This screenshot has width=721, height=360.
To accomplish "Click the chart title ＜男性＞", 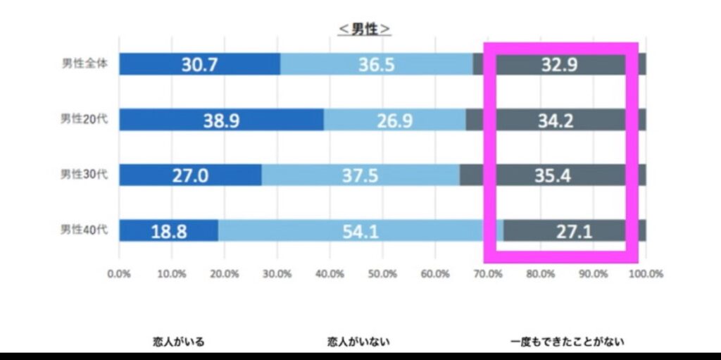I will [364, 29].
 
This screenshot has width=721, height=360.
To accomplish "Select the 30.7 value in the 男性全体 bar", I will [199, 65].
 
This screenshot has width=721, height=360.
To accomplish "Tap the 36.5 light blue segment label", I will [377, 65].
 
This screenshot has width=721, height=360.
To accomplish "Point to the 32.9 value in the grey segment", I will [560, 65].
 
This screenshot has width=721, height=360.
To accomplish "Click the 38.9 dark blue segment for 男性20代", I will [221, 120].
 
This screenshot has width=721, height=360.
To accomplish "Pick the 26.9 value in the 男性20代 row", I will [395, 120].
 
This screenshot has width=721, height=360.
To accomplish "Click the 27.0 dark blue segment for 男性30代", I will [190, 175].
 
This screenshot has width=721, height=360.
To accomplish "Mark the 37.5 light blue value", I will [361, 175].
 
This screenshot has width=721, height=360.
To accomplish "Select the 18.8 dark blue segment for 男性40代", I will [169, 231].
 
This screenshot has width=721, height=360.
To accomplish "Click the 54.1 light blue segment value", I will [349, 231].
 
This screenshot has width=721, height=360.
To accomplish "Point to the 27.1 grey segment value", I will [574, 231].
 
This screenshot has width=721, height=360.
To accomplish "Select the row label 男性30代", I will [84, 174].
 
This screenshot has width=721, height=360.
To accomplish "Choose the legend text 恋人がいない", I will [357, 342].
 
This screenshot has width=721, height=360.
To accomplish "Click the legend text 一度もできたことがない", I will [568, 342].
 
